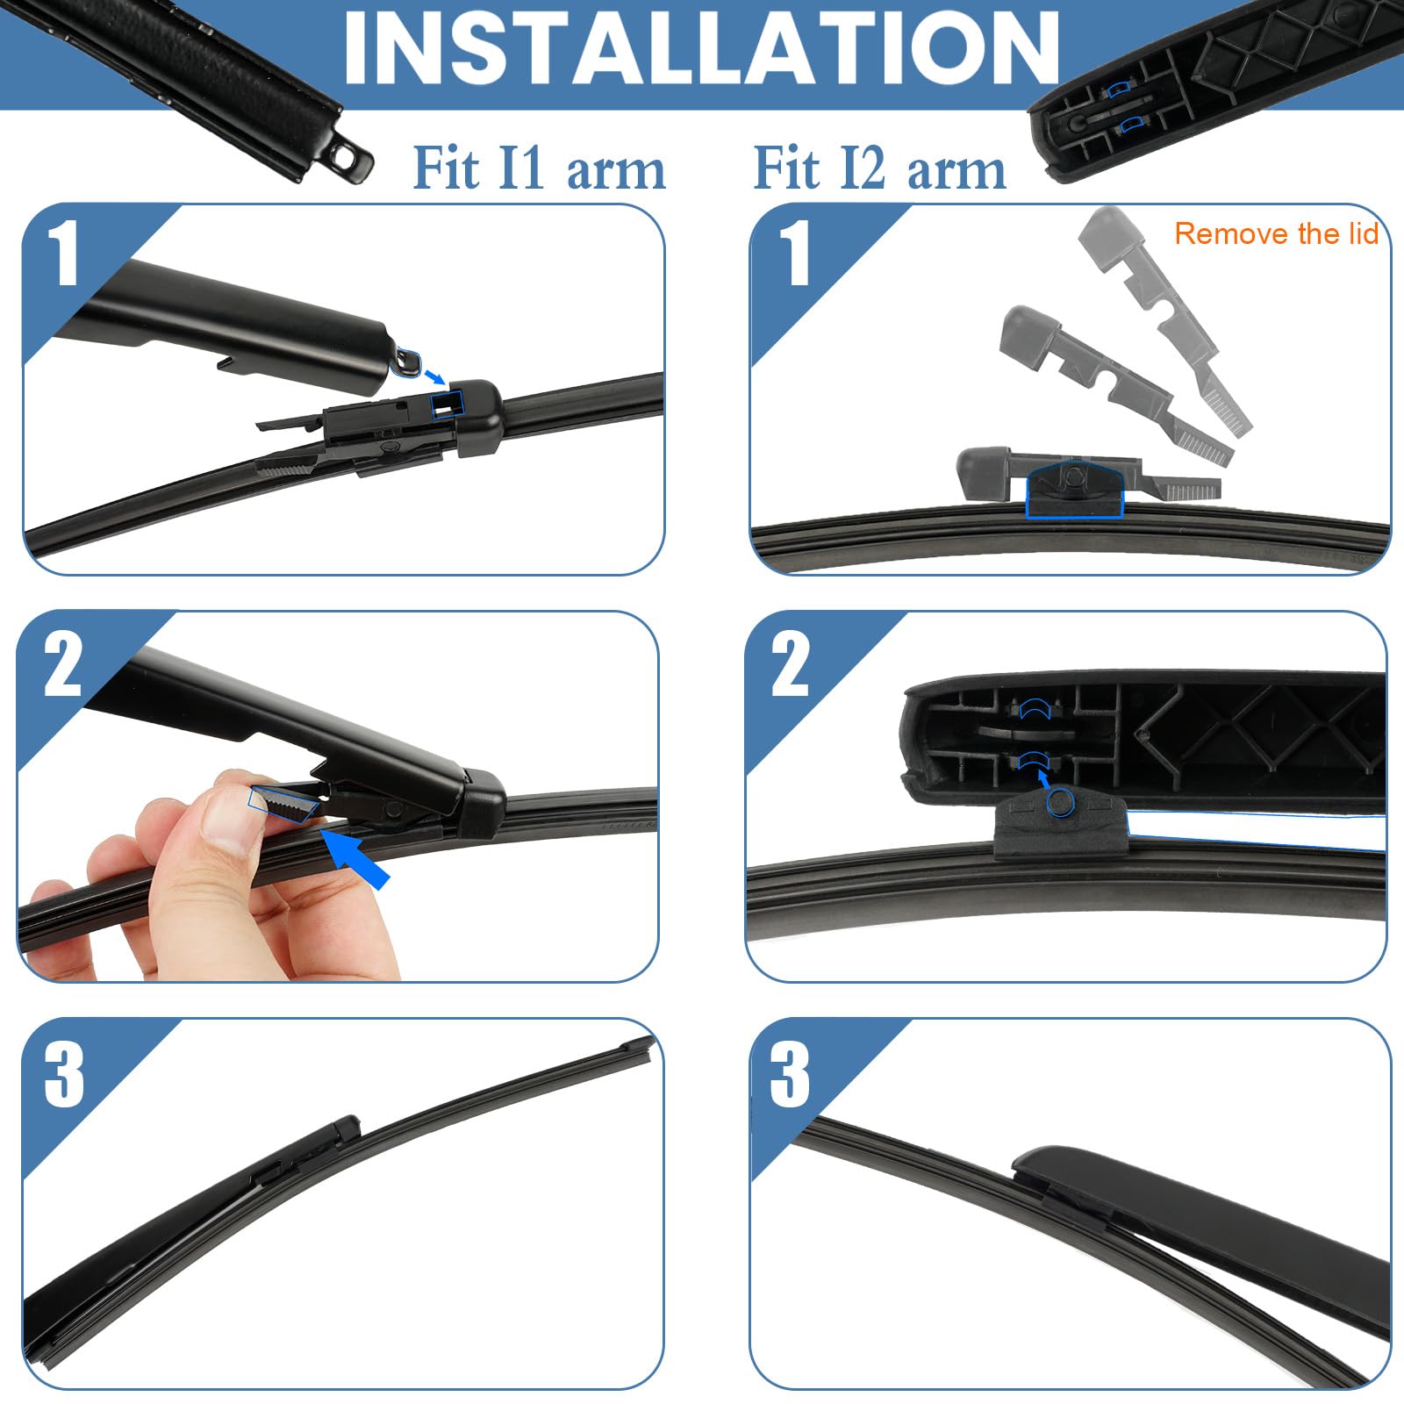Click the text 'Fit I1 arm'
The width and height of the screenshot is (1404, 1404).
pos(539,168)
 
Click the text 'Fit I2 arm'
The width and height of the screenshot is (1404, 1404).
pos(879,168)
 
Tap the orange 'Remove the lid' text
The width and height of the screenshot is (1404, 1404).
pos(1276,233)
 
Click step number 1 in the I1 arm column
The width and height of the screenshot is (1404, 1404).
pos(63,254)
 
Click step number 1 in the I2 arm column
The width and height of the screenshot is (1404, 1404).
pos(792,254)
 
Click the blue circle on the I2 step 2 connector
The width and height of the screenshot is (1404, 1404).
pos(1061,800)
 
